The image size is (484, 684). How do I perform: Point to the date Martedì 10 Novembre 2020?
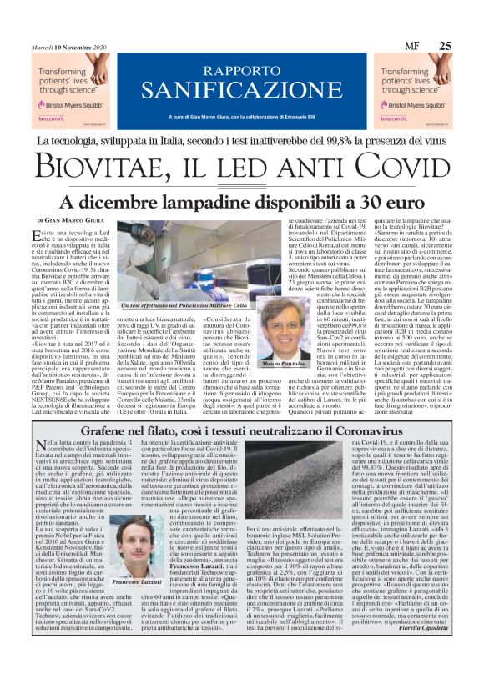pyautogui.click(x=65, y=47)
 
